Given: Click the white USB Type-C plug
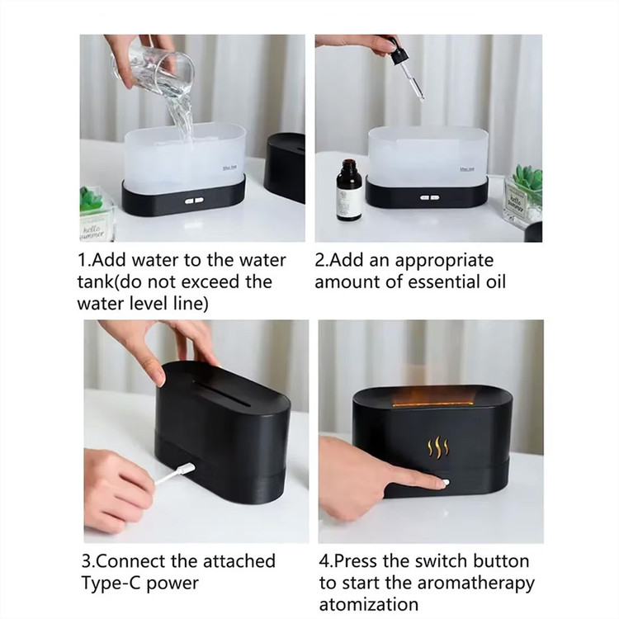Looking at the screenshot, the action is [185, 469].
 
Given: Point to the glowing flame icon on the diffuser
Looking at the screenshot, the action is [438, 448].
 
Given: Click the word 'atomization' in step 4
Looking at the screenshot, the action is [369, 605].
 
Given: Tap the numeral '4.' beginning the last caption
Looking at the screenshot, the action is [326, 561].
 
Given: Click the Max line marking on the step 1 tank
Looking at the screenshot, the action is [229, 168].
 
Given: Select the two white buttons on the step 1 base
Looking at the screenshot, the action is [194, 201].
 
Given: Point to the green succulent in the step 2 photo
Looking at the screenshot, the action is [528, 181].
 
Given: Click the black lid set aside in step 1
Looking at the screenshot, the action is [286, 167].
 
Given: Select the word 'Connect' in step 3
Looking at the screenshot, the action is [130, 561].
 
